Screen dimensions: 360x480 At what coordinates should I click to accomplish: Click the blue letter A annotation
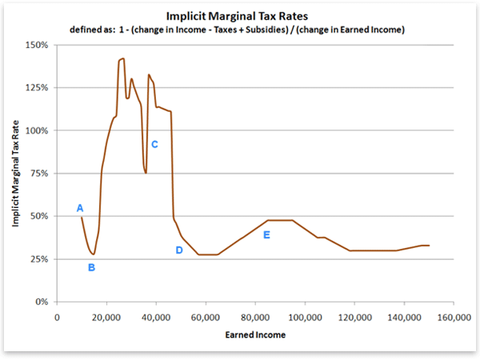coord(80,208)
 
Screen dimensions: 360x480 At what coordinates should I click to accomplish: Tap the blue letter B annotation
coord(91,267)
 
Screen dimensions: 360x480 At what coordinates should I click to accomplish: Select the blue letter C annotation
coord(154,144)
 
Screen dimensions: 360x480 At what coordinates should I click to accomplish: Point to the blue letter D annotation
coord(179,250)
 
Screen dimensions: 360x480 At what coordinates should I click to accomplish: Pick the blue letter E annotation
coord(266,234)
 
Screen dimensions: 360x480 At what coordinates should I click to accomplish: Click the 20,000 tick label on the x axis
coord(106,316)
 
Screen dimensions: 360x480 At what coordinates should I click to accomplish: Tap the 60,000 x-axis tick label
coord(206,316)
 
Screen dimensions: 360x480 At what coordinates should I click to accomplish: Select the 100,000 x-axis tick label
coord(303,316)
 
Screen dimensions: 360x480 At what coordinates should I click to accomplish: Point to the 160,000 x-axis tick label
coord(452,316)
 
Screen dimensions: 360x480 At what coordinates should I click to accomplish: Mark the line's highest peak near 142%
coord(122,58)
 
